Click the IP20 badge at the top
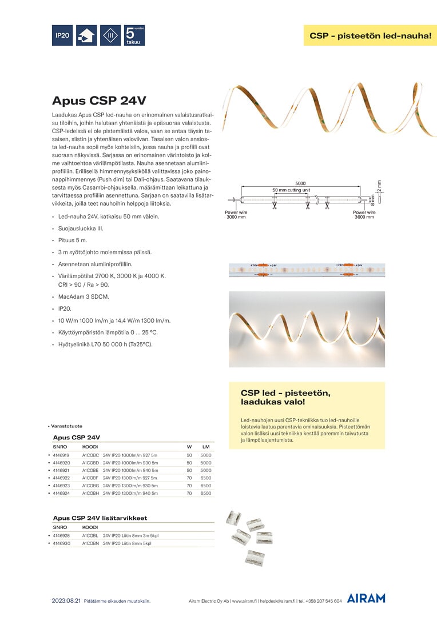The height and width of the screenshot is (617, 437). [x=62, y=35]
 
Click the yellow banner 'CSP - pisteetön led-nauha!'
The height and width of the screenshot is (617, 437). [x=370, y=35]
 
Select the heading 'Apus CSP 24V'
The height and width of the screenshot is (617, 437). [x=99, y=101]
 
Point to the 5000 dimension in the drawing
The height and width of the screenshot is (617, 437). [x=300, y=183]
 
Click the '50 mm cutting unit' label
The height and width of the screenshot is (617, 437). [x=291, y=190]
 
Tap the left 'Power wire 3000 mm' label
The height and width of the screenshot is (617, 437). [x=236, y=214]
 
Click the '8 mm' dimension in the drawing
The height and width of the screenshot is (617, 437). [x=373, y=199]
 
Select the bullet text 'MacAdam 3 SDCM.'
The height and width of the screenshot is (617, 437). [x=84, y=297]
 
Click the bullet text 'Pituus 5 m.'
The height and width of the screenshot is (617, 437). [x=73, y=240]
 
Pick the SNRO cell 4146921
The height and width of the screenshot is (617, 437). [x=61, y=470]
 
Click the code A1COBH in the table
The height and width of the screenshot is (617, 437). [x=90, y=492]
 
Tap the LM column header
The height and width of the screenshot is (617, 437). [x=206, y=446]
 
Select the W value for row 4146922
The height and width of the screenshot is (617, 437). [x=189, y=478]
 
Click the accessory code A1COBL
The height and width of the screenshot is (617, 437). [x=90, y=536]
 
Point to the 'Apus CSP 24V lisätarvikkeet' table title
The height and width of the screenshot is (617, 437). [x=100, y=518]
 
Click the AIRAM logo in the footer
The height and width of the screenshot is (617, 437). [x=366, y=598]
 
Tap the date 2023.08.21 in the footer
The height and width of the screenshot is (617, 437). [x=66, y=601]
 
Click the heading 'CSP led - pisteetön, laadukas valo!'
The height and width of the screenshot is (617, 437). [x=285, y=398]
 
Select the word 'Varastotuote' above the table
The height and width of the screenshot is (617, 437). [x=66, y=426]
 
